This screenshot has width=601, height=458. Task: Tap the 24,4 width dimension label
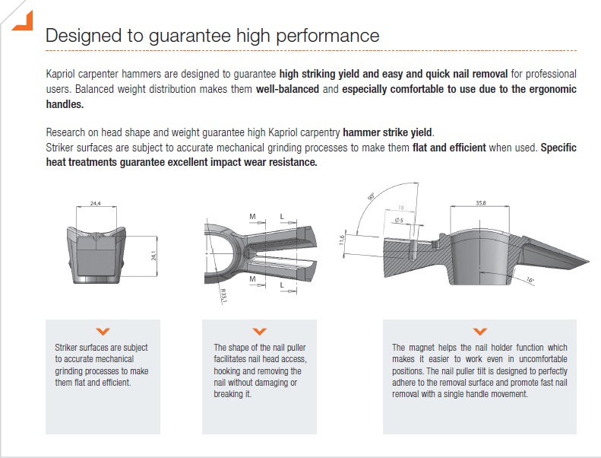(96, 203)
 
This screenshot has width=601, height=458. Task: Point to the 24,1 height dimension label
(153, 256)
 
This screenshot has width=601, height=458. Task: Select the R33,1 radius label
(224, 296)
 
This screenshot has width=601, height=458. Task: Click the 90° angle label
(371, 196)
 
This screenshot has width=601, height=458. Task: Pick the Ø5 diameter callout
(399, 221)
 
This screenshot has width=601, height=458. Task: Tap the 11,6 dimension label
(342, 240)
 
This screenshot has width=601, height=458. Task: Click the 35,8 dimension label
(481, 202)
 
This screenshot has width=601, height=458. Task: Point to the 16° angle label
(530, 280)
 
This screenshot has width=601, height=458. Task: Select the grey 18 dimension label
(401, 208)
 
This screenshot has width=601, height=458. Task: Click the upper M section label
(252, 217)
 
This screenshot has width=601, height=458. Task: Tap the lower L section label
(282, 285)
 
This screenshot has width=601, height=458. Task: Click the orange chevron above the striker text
(103, 331)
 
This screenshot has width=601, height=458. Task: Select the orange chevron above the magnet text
(480, 331)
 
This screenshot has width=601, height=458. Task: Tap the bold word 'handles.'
(65, 104)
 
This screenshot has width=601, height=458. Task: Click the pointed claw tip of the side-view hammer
(589, 262)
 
